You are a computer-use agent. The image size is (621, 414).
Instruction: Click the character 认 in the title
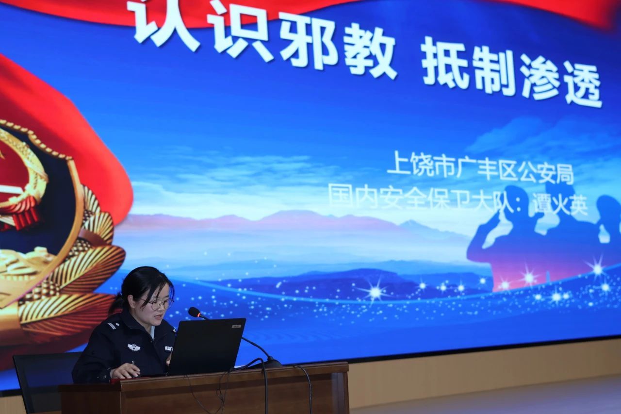[164, 24]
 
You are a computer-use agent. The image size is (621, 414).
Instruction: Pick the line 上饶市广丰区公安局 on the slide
[480, 168]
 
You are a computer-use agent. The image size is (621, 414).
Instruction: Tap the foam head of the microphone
[195, 312]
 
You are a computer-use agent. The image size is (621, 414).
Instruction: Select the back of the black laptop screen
[207, 346]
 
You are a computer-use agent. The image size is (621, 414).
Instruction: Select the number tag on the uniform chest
[168, 348]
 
